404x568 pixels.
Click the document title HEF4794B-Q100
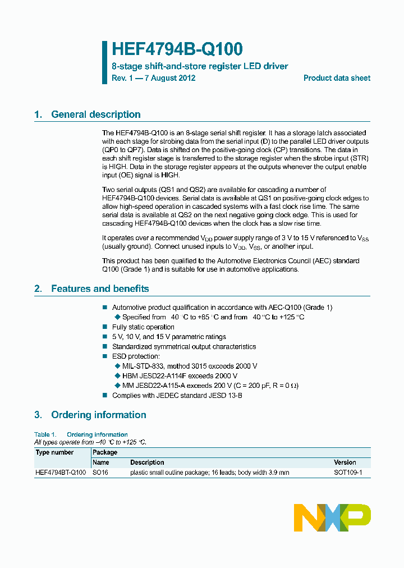coord(177,49)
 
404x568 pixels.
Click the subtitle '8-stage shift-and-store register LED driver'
coord(200,66)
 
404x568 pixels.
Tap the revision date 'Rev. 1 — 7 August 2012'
coord(153,78)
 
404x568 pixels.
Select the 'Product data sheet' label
coord(337,78)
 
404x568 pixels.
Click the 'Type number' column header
coord(54,452)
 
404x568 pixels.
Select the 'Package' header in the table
coord(105,452)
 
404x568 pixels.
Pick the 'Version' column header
coord(345,462)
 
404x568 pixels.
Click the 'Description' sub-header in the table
coord(147,462)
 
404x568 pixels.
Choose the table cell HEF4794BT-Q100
coord(61,473)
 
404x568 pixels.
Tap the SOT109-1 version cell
coord(348,473)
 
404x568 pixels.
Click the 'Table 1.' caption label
coord(45,434)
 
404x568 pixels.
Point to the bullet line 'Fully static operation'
coord(143,327)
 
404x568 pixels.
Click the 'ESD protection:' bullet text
coord(136,356)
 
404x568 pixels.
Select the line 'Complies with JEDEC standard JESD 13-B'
coord(177,395)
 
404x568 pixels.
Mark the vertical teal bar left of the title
coord(104,62)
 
